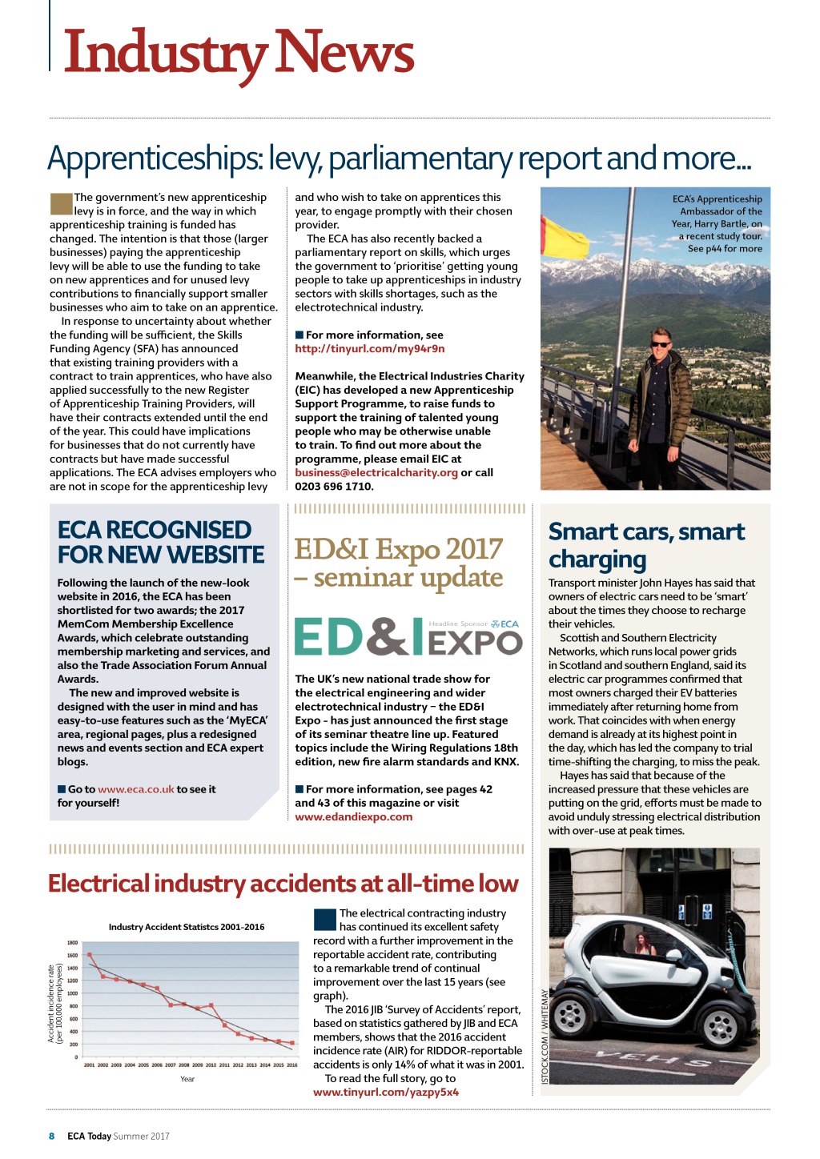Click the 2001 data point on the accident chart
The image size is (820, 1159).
(x=90, y=954)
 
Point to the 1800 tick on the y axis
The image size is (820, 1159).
(x=72, y=943)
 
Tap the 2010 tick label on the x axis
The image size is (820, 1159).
(x=211, y=1065)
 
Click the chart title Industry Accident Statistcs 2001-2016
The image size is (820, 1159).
(x=187, y=927)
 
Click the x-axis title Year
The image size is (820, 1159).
(x=187, y=1079)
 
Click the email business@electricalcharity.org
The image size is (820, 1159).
(x=376, y=473)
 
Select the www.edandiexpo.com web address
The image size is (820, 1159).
(x=353, y=817)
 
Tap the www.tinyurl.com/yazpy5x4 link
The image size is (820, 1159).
(x=386, y=1093)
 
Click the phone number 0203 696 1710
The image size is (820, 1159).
(x=334, y=487)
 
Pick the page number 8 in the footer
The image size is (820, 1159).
(x=52, y=1136)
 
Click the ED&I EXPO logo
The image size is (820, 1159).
(x=408, y=636)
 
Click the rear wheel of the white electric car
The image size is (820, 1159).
(x=572, y=1015)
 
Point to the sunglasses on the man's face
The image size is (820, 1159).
(x=661, y=344)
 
